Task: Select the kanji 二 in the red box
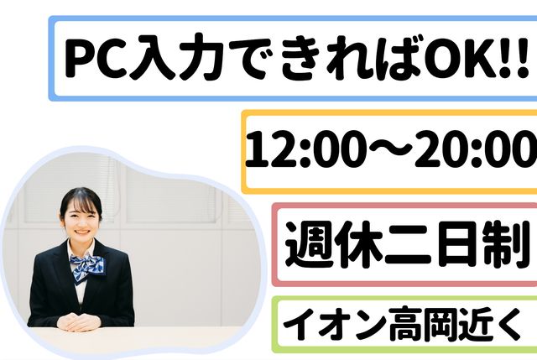(406, 244)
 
